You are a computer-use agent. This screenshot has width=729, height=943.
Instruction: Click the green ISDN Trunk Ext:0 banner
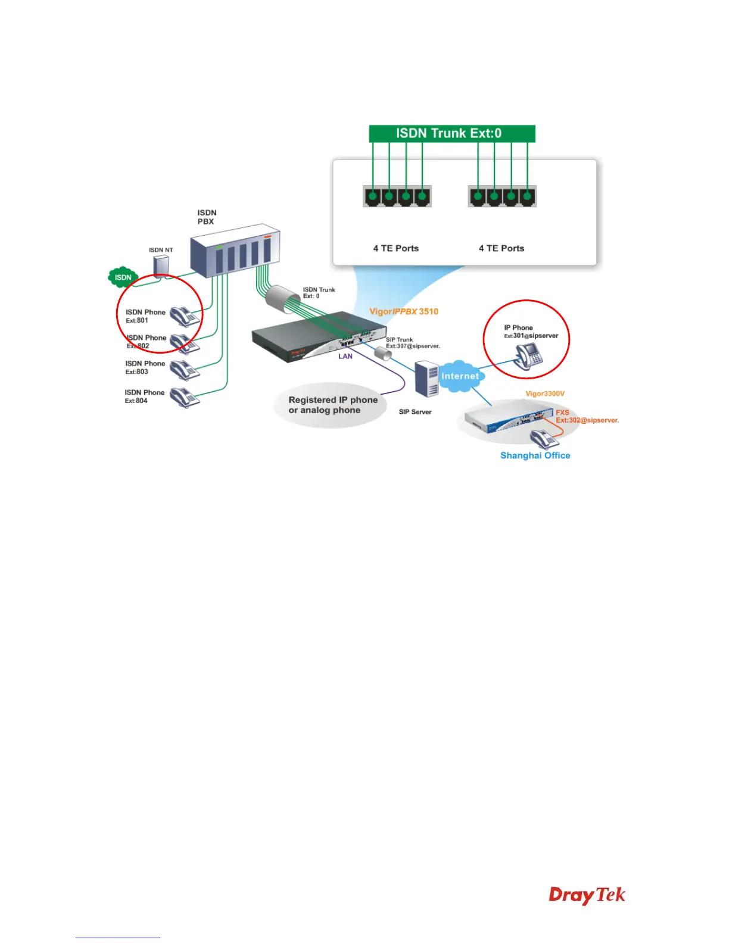(x=452, y=133)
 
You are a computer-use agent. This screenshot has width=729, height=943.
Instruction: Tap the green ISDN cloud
(x=123, y=277)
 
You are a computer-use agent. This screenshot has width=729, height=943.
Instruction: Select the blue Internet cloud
(x=460, y=376)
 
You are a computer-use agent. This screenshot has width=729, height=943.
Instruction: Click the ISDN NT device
(x=161, y=266)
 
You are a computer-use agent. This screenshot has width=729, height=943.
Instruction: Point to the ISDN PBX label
(x=207, y=217)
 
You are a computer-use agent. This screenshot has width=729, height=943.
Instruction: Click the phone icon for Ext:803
(x=185, y=370)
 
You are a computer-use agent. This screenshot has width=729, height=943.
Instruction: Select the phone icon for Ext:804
(x=185, y=397)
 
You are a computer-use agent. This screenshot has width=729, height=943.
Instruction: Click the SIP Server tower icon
(x=426, y=379)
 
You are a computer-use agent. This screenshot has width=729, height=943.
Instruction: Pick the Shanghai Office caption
(x=535, y=455)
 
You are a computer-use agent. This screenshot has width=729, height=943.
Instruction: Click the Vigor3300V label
(x=544, y=394)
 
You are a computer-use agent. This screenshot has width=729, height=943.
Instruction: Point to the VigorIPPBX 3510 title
(x=404, y=311)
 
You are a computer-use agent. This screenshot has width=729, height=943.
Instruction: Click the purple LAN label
(x=345, y=357)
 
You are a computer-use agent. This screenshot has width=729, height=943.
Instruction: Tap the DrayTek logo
(x=587, y=895)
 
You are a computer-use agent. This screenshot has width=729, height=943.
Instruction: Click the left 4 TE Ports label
(x=395, y=248)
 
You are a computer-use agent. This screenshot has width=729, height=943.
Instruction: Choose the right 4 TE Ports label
(x=501, y=248)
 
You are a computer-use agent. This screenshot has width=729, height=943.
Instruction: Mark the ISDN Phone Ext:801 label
(x=145, y=316)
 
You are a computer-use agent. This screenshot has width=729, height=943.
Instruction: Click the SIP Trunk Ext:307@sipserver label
(x=412, y=343)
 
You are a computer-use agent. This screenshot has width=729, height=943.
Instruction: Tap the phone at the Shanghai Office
(x=544, y=439)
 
